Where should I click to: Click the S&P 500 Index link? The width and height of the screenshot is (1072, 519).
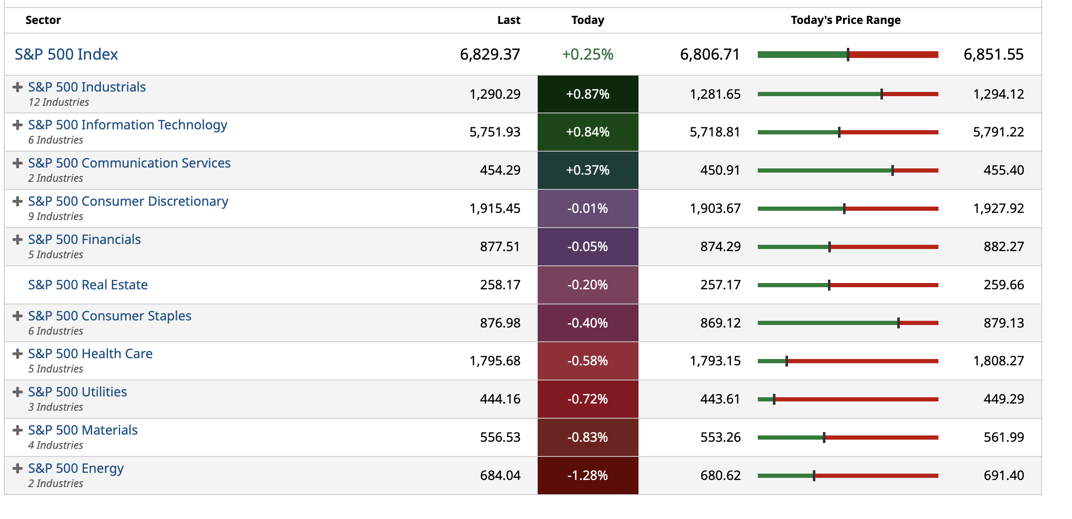coord(66,54)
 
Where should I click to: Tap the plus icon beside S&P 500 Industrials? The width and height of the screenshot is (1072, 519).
coord(18,87)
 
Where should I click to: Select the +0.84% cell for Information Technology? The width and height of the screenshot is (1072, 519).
coord(587,132)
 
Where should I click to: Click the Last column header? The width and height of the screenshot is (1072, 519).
coord(508,20)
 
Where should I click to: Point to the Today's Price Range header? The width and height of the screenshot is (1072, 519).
coord(845,20)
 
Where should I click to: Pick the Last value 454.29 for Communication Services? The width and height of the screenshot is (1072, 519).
coord(500,170)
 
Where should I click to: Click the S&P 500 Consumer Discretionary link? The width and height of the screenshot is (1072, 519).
coord(128,201)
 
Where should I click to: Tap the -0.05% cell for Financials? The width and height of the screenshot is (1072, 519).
coord(587,246)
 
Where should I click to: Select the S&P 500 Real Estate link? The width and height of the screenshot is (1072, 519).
coord(88,285)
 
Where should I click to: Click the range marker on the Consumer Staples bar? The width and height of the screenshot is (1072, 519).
coord(898,323)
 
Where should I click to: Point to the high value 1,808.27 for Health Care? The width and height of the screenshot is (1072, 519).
coord(998,361)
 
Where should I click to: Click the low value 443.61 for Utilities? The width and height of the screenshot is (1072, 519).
coord(720,399)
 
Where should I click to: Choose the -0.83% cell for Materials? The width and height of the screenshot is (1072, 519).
coord(587,437)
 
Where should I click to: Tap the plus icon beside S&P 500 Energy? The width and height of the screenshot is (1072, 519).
coord(18,468)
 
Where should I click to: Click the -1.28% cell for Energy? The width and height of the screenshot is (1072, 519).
coord(587,475)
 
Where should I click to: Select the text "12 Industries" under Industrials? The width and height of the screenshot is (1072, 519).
coord(59,102)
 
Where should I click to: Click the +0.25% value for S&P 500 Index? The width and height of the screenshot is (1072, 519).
coord(587,54)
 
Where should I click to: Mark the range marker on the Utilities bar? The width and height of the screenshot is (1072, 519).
coord(774,399)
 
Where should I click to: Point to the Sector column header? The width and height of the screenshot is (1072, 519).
coord(43,20)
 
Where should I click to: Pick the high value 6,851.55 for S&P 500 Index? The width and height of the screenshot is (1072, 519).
coord(993,54)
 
